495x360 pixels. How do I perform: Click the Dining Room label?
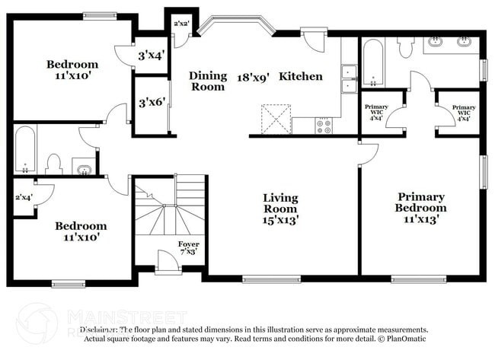pyautogui.click(x=208, y=81)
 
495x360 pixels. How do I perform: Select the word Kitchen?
pyautogui.click(x=300, y=76)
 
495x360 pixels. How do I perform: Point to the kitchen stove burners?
pyautogui.click(x=324, y=125)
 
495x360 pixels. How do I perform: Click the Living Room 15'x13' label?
pyautogui.click(x=280, y=209)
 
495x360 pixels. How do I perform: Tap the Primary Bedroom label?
pyautogui.click(x=420, y=208)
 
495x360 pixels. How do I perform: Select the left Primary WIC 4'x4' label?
pyautogui.click(x=376, y=112)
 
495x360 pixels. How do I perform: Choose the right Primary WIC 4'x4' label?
pyautogui.click(x=464, y=112)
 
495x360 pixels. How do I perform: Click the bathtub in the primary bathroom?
pyautogui.click(x=373, y=62)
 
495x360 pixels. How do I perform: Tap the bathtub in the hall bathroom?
pyautogui.click(x=24, y=150)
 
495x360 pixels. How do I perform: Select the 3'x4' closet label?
pyautogui.click(x=151, y=56)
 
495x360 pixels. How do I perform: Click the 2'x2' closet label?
pyautogui.click(x=181, y=24)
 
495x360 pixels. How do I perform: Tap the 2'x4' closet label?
pyautogui.click(x=24, y=198)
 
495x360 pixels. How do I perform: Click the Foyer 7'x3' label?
pyautogui.click(x=189, y=248)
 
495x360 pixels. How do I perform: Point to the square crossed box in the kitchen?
pyautogui.click(x=276, y=119)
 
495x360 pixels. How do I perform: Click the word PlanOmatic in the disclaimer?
pyautogui.click(x=404, y=339)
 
